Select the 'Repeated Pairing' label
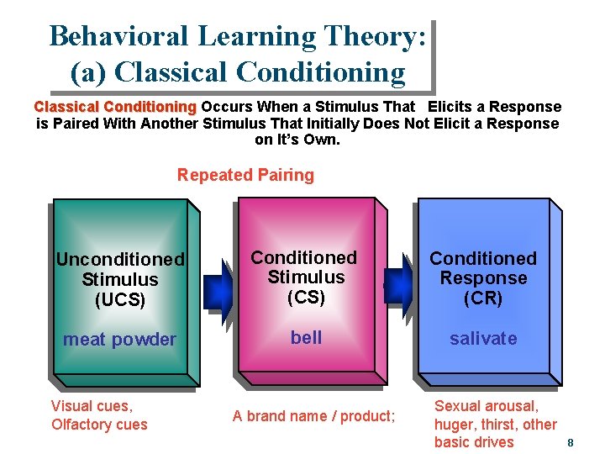point(245,176)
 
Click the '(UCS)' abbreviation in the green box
point(120,299)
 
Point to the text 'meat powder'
point(119,340)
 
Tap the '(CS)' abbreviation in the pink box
point(305,297)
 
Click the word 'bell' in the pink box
point(306,337)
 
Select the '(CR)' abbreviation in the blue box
point(483,298)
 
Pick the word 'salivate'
point(483,339)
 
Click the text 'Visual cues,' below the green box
point(92,406)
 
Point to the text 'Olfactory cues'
point(99,425)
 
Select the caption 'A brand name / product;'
point(313,415)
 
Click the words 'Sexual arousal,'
point(486,406)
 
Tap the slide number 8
point(570,443)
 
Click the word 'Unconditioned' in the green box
point(120,259)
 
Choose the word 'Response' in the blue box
point(483,278)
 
